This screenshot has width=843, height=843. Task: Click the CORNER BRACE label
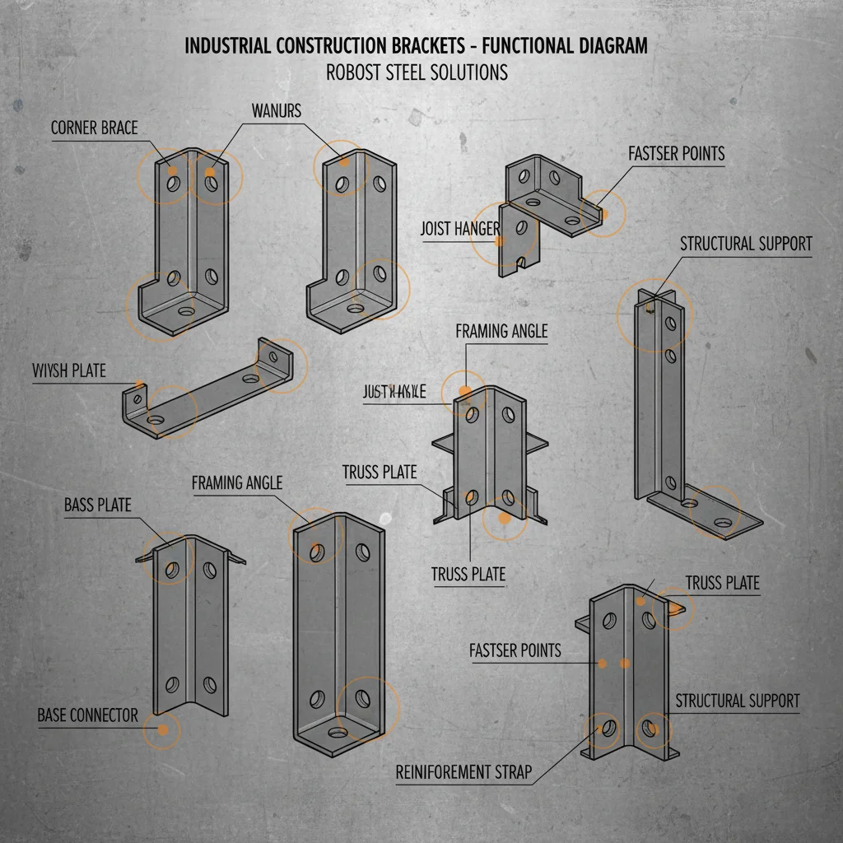tap(94, 128)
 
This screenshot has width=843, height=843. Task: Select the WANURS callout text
tap(276, 109)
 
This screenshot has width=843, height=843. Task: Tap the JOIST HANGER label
tap(459, 229)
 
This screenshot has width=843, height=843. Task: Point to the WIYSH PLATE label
tap(69, 370)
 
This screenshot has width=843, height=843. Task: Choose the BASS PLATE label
tap(97, 505)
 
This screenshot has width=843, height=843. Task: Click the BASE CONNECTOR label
tap(87, 715)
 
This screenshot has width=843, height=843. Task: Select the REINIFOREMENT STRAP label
tap(463, 772)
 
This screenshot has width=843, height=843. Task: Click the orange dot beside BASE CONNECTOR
tap(162, 729)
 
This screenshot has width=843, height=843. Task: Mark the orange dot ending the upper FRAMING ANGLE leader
tap(464, 392)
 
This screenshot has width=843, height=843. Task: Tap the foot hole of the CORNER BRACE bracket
tap(184, 313)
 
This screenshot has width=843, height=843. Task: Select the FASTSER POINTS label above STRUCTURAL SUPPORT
tap(676, 154)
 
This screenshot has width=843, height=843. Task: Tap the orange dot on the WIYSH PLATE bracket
tap(140, 384)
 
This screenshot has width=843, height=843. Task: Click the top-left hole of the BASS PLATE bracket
tap(172, 567)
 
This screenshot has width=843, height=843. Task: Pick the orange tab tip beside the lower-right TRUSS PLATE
tap(677, 608)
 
